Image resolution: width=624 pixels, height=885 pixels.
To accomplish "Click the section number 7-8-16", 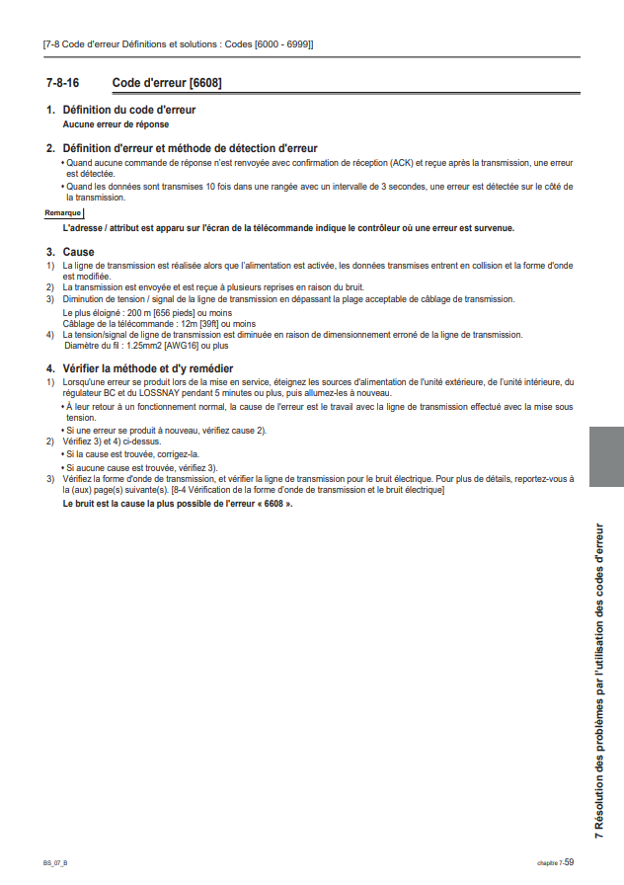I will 62,82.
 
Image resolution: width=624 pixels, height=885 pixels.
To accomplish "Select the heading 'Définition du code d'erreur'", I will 128,110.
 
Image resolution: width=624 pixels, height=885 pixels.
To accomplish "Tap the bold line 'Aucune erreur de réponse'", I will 116,124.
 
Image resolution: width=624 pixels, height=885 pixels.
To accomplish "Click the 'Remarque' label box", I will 63,212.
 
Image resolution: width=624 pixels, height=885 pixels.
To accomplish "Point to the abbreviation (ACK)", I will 402,162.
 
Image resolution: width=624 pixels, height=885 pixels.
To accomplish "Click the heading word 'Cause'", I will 78,252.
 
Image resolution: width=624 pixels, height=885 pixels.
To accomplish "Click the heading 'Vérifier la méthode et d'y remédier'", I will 147,368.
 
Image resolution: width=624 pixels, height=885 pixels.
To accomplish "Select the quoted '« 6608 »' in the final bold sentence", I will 272,504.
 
